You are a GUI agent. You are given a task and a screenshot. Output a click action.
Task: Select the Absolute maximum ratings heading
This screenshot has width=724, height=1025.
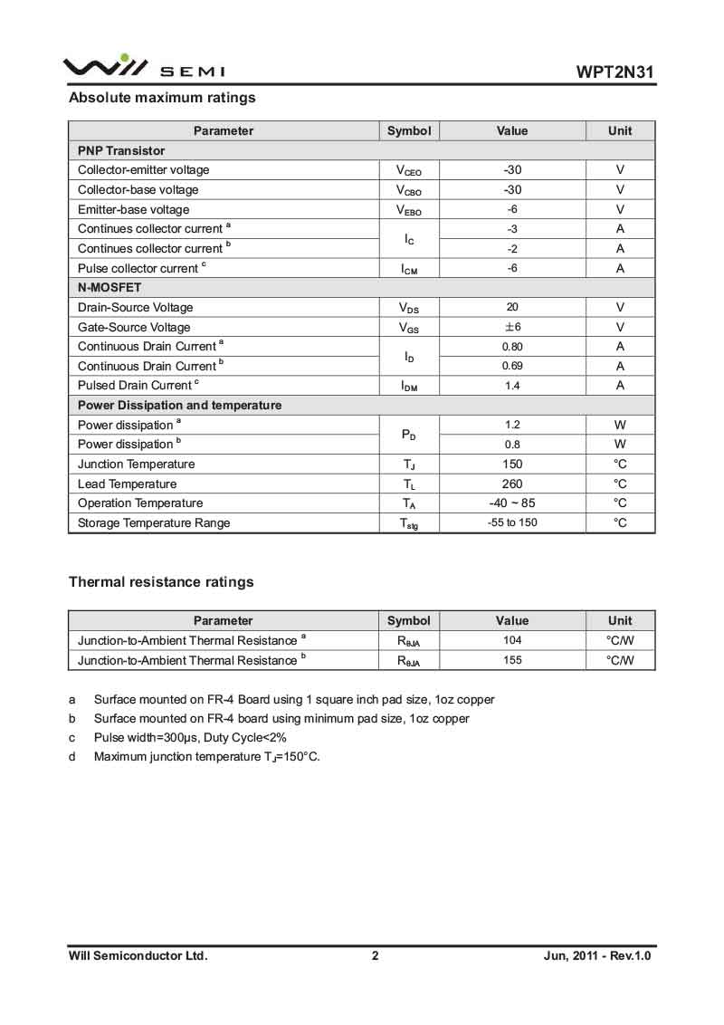click(162, 98)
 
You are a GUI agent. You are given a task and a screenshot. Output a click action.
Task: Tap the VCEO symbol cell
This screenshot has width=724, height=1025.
click(408, 170)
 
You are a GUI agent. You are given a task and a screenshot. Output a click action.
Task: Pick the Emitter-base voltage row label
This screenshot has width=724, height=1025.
click(134, 209)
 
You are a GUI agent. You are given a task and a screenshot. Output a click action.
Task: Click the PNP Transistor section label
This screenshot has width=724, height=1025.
click(121, 150)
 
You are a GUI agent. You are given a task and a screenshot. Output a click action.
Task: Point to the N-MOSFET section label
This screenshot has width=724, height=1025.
click(110, 287)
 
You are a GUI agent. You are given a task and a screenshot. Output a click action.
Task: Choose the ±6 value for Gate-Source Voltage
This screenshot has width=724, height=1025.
click(511, 327)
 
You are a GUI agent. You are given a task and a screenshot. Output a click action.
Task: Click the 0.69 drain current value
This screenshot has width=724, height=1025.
click(511, 366)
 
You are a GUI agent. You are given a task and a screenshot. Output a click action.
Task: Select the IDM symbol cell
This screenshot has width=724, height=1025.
click(408, 387)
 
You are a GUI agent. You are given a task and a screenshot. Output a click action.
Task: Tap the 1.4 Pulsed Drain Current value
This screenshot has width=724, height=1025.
click(511, 386)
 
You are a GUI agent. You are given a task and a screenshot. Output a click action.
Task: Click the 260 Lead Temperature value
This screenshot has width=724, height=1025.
click(511, 484)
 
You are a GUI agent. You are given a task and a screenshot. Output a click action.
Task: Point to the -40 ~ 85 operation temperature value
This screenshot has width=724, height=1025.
click(511, 503)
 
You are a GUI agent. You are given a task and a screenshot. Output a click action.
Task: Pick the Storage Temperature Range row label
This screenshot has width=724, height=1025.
click(154, 522)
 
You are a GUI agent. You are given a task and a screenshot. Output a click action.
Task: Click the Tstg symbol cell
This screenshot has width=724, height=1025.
click(408, 523)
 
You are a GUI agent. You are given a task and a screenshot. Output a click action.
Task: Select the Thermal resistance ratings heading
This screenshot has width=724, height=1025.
click(161, 582)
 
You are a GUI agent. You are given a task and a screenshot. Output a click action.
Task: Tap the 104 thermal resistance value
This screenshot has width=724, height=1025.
click(511, 640)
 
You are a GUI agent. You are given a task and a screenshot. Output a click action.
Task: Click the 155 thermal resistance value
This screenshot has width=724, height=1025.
click(511, 660)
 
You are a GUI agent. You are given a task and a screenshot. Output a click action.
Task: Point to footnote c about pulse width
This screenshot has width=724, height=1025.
click(190, 737)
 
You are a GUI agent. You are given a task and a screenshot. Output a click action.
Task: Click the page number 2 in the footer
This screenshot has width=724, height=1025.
click(375, 955)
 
